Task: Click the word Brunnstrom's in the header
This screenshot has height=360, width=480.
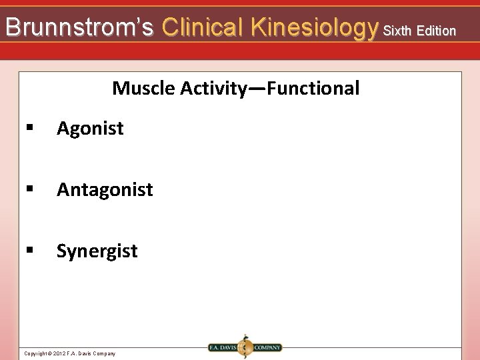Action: click(x=79, y=27)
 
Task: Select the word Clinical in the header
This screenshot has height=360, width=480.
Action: click(x=204, y=27)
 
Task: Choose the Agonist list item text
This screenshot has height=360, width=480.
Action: click(x=90, y=128)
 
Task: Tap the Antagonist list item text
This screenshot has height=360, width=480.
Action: click(x=105, y=190)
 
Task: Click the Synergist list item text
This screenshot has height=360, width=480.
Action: click(x=97, y=251)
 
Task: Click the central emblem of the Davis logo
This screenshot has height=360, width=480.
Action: click(x=245, y=347)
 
